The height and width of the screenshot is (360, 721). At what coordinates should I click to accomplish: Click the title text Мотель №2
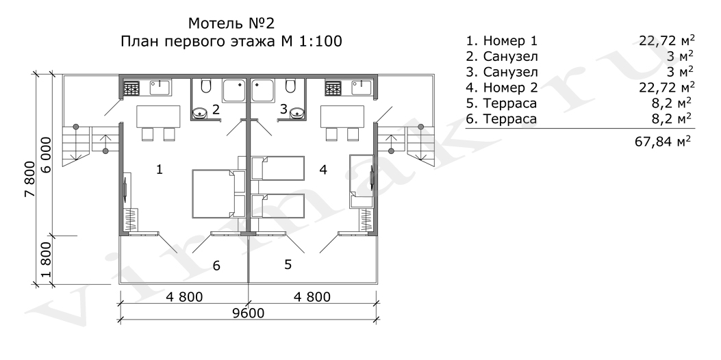pos(231,23)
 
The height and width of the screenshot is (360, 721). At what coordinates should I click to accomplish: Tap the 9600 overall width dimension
pos(249,313)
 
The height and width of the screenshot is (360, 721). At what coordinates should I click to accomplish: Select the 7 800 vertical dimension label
pos(29,179)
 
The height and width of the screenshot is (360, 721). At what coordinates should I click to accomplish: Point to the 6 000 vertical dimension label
pos(47,155)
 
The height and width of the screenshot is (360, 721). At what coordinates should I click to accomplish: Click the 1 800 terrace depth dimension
pos(47,261)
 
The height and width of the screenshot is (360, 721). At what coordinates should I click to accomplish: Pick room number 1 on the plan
pos(159,170)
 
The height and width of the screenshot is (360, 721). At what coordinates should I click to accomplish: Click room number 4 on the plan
pos(322,170)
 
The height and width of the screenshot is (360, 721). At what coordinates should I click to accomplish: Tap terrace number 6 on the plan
pos(216,266)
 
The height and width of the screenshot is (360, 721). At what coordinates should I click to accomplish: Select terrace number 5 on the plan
pos(288,264)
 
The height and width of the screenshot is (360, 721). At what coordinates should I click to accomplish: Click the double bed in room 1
pos(218,194)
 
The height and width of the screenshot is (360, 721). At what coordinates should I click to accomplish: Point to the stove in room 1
pos(131,88)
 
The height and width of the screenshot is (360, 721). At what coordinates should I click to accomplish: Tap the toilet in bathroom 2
pos(205,86)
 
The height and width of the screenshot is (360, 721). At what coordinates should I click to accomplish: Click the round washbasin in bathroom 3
pos(296,112)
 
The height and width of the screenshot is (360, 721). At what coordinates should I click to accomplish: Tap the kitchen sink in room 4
pos(362,88)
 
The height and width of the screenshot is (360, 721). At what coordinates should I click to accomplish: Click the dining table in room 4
pos(342,116)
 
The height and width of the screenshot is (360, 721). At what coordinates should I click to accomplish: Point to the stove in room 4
pos(333,88)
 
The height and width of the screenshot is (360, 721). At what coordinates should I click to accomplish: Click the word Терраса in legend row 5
pos(510,103)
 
